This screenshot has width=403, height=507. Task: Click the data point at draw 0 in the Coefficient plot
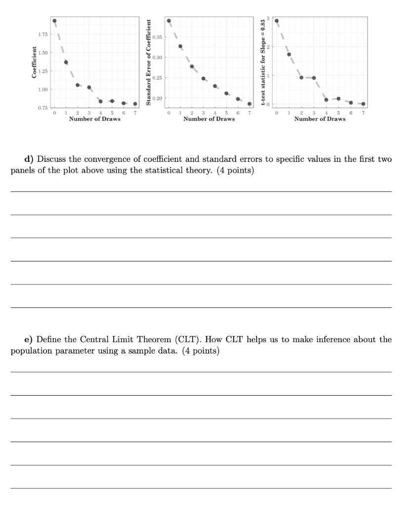click(x=54, y=21)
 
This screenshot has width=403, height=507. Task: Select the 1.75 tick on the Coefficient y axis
click(x=43, y=34)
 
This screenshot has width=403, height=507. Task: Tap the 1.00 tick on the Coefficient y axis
click(x=43, y=89)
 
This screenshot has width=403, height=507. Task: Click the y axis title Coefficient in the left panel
click(x=34, y=62)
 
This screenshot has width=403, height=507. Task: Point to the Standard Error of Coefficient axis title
click(x=148, y=62)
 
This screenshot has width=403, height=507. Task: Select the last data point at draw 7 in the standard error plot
click(x=250, y=104)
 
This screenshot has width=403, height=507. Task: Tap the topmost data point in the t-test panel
click(x=276, y=21)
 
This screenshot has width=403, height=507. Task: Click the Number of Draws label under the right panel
click(x=320, y=119)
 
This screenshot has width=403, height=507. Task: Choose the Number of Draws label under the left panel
click(x=94, y=119)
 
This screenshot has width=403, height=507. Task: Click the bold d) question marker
click(x=30, y=159)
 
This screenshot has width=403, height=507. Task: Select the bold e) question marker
click(x=30, y=340)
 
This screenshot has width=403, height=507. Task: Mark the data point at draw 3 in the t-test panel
click(x=314, y=78)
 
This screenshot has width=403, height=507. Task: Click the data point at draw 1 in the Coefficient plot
click(x=66, y=62)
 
